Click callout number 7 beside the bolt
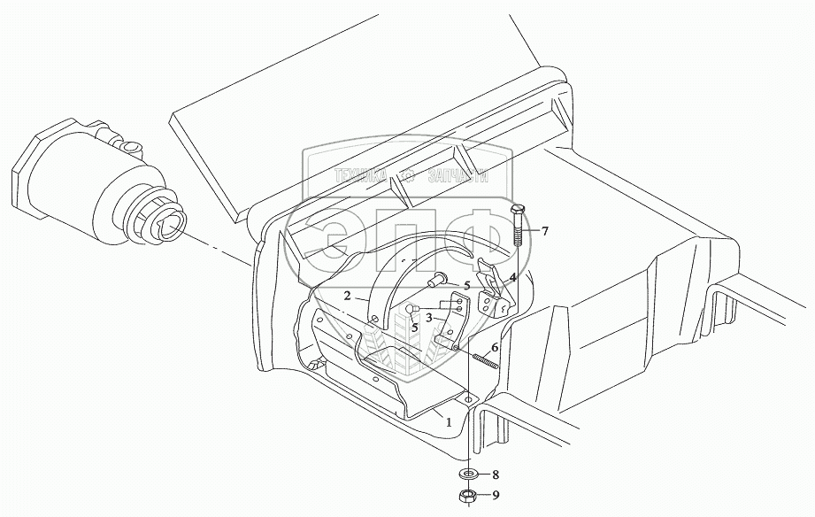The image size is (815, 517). click(545, 232)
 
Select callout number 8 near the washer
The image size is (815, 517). click(495, 475)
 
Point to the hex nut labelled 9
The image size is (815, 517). click(466, 496)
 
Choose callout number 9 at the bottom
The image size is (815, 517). click(495, 496)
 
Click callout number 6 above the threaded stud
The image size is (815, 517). click(495, 348)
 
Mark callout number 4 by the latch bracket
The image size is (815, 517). click(512, 277)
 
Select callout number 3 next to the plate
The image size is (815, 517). click(428, 317)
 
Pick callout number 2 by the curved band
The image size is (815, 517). click(349, 295)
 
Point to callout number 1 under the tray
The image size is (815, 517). click(450, 421)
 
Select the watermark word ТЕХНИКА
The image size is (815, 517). click(361, 175)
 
